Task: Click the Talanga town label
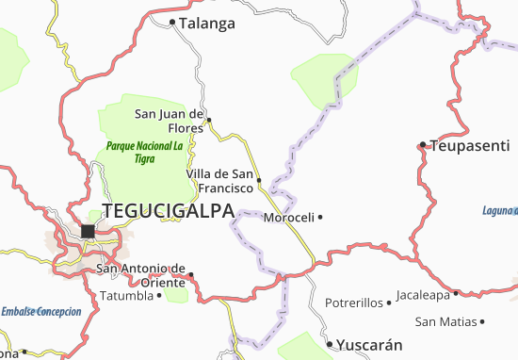(206, 24)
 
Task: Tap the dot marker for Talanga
(172, 22)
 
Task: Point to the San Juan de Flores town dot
(209, 120)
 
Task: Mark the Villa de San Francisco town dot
(258, 179)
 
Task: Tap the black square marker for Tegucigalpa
(89, 231)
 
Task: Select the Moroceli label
(288, 217)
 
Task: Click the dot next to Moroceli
(320, 217)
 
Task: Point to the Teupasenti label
(470, 145)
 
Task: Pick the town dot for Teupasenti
(424, 145)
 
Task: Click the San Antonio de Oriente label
(143, 275)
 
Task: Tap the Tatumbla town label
(126, 296)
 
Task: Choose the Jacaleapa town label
(423, 294)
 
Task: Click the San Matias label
(445, 321)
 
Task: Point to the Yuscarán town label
(370, 344)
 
